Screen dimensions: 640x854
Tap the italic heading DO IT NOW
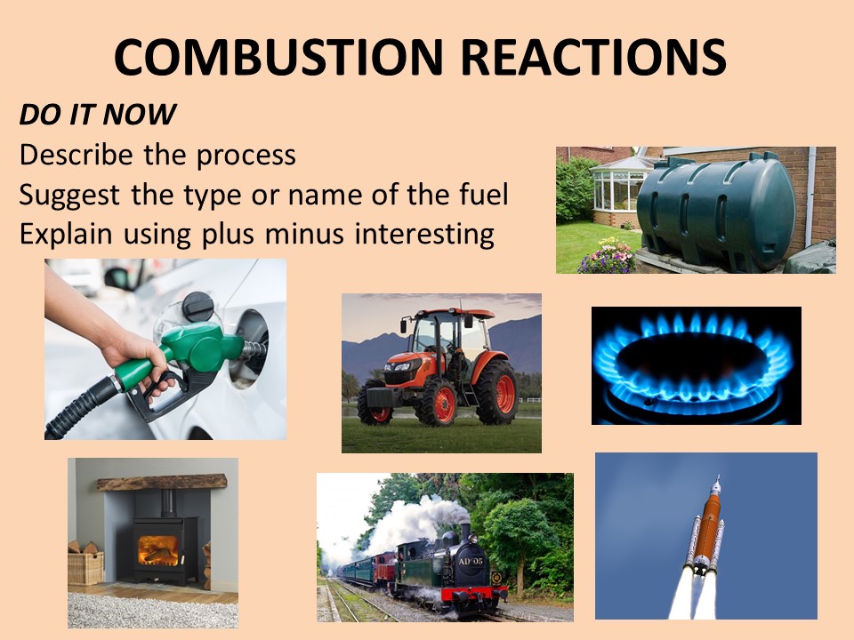click(x=97, y=115)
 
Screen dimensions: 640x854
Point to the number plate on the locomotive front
click(x=470, y=562)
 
